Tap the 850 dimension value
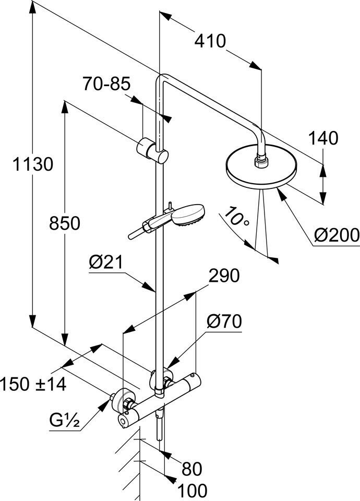[64, 223]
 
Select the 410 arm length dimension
[211, 41]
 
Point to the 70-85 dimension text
[106, 83]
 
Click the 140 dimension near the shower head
[323, 138]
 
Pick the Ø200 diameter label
[337, 235]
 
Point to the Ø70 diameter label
[224, 322]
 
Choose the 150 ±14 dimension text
[33, 385]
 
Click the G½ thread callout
[65, 421]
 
